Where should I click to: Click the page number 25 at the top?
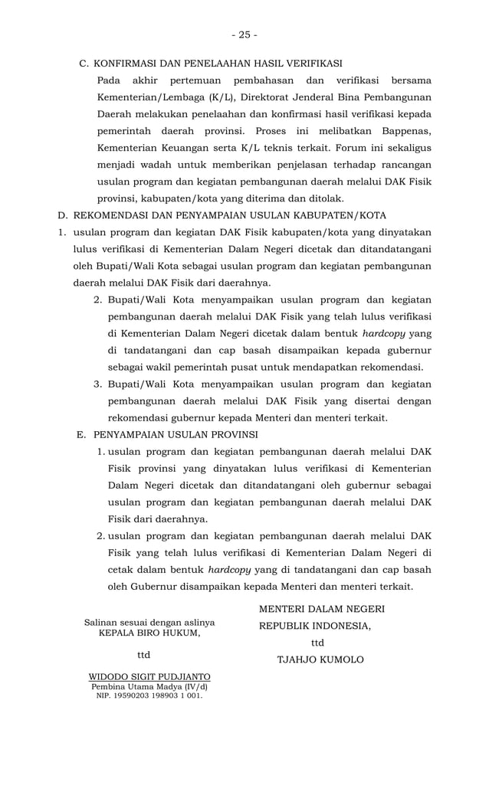point(244,34)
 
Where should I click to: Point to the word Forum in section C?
point(334,147)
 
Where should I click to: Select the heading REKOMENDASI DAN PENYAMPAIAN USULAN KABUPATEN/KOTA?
point(229,214)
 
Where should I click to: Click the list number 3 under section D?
point(98,383)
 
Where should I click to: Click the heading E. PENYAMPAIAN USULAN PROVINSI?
point(167,434)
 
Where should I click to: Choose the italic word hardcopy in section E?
point(229,570)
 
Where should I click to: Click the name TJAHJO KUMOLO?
point(320,659)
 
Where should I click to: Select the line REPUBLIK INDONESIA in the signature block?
point(314,626)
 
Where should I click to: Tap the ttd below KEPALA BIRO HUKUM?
point(143,655)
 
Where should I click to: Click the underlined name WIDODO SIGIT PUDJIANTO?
point(149,677)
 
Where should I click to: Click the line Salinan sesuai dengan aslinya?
point(149,623)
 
